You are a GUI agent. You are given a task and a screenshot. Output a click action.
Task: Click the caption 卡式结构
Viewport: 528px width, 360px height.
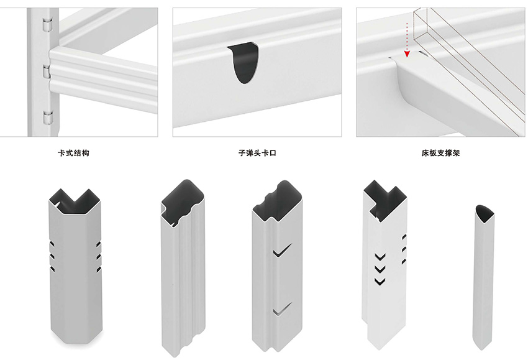(x=73, y=153)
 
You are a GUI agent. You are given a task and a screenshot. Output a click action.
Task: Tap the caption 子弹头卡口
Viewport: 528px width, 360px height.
(x=257, y=153)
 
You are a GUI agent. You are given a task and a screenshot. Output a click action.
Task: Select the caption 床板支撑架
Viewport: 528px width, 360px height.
(x=440, y=153)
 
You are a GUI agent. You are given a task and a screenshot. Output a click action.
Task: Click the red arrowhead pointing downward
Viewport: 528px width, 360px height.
(x=407, y=53)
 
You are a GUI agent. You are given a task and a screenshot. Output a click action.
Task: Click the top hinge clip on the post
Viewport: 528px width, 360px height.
(x=47, y=25)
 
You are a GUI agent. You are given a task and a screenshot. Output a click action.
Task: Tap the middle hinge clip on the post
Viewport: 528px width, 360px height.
(x=47, y=72)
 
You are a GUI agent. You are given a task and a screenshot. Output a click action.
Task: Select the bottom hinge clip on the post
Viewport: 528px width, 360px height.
(x=48, y=118)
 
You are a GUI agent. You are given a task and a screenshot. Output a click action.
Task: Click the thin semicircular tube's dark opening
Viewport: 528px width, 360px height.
(x=485, y=213)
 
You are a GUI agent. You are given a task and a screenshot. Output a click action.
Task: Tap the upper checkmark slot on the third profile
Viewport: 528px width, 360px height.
(x=282, y=251)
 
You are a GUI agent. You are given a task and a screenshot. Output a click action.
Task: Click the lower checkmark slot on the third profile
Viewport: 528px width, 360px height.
(x=282, y=309)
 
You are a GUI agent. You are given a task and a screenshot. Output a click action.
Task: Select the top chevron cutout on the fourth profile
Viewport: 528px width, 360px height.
(x=380, y=257)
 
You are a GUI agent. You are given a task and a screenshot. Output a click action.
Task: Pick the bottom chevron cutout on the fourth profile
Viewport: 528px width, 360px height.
(x=380, y=281)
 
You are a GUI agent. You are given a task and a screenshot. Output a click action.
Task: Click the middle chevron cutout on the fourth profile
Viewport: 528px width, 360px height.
(x=380, y=269)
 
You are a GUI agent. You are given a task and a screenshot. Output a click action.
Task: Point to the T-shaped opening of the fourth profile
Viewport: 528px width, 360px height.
(x=384, y=200)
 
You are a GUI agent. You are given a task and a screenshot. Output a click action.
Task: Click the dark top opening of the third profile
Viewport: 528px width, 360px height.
(x=277, y=201)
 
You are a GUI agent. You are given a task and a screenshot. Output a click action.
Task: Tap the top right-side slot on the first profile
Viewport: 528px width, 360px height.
(x=99, y=244)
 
